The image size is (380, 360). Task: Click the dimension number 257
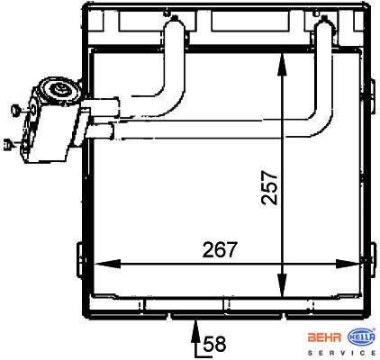pyautogui.click(x=269, y=188)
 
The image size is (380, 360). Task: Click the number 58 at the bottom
pyautogui.click(x=214, y=344)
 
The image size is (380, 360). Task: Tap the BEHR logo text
pyautogui.click(x=324, y=337)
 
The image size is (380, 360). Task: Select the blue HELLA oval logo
pyautogui.click(x=362, y=337)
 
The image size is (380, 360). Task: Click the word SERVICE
pyautogui.click(x=342, y=353)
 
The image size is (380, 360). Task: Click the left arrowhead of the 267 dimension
pyautogui.click(x=107, y=264)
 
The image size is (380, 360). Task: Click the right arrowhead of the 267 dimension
pyautogui.click(x=348, y=264)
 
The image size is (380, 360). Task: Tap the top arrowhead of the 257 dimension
pyautogui.click(x=282, y=65)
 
